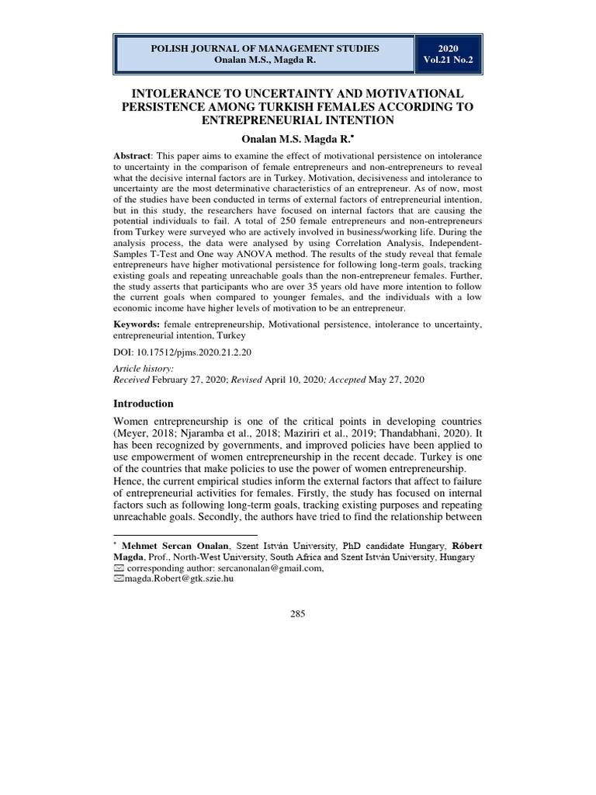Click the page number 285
click(x=298, y=614)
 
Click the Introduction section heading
click(x=144, y=404)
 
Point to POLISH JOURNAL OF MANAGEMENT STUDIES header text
click(x=265, y=48)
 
